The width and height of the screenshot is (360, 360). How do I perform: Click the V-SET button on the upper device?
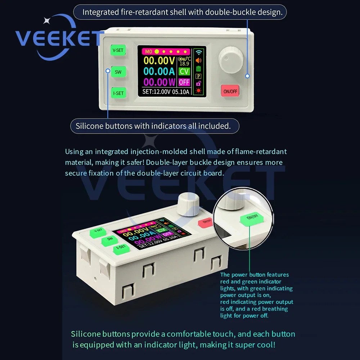(x=118, y=50)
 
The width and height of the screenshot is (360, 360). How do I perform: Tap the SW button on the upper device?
(x=118, y=72)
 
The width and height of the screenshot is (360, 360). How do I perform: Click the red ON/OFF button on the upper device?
(x=230, y=91)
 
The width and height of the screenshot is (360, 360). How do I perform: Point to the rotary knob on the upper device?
(x=230, y=60)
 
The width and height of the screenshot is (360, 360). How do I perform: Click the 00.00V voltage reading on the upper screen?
(x=159, y=60)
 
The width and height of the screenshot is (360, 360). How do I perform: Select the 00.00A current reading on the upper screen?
(x=159, y=71)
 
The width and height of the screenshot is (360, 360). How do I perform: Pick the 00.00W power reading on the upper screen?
(x=159, y=82)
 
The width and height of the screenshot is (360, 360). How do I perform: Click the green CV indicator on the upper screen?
(x=184, y=71)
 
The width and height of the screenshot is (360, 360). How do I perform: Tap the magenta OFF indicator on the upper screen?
(x=184, y=82)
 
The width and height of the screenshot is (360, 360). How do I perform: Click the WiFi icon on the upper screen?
(x=199, y=52)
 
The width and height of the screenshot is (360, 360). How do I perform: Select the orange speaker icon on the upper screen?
(x=199, y=60)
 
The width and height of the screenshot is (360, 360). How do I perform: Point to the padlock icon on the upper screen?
(x=198, y=84)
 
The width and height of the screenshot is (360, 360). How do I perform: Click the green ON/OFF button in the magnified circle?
(x=252, y=219)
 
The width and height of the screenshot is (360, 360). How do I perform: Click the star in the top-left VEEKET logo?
(x=47, y=21)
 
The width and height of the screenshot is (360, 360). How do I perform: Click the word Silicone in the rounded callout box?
(x=90, y=126)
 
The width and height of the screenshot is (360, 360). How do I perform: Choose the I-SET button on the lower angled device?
(x=121, y=249)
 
